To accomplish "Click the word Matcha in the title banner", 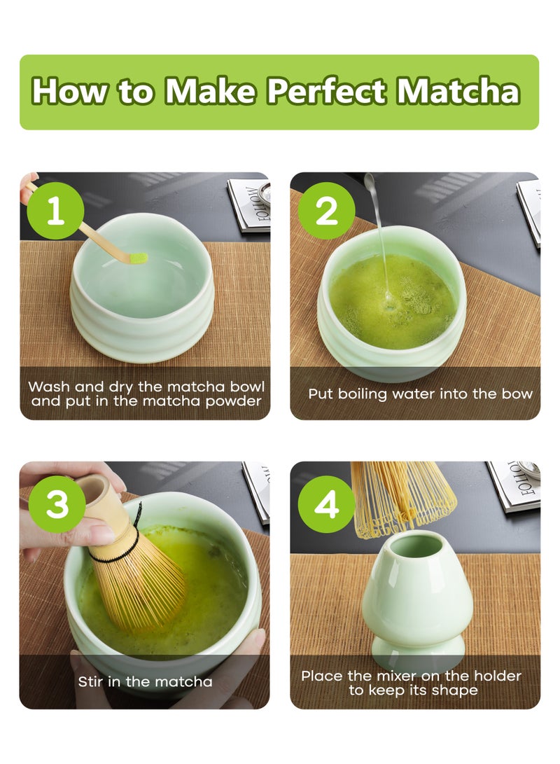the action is (458, 91).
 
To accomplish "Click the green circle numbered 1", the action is (55, 211).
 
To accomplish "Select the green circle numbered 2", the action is (326, 211).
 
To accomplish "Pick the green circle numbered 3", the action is (57, 503).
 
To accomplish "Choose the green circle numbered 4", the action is (326, 503).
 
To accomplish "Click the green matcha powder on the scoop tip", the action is (140, 258).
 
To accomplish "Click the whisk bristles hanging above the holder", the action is (403, 499).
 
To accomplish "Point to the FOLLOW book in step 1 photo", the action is (248, 204).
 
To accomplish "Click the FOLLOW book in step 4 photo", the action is (514, 485).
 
